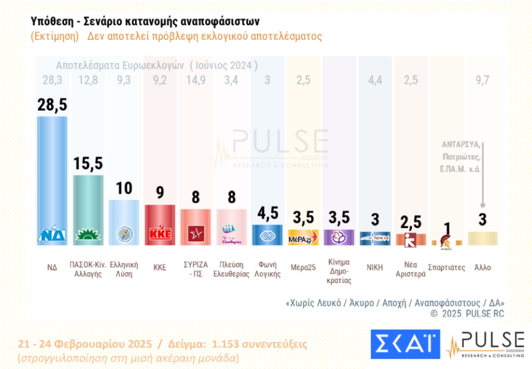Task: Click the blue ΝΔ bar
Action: (52, 177)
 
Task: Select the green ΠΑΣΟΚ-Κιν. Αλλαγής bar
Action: (88, 204)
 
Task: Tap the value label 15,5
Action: (88, 163)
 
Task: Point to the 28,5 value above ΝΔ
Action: (52, 105)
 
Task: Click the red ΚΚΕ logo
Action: (160, 233)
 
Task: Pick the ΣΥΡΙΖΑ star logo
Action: (196, 233)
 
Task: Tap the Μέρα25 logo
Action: (303, 237)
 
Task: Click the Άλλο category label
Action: (482, 267)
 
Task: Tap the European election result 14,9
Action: (196, 80)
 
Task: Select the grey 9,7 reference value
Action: (482, 80)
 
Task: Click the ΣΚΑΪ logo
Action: (405, 344)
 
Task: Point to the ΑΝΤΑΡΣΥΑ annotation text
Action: (461, 145)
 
